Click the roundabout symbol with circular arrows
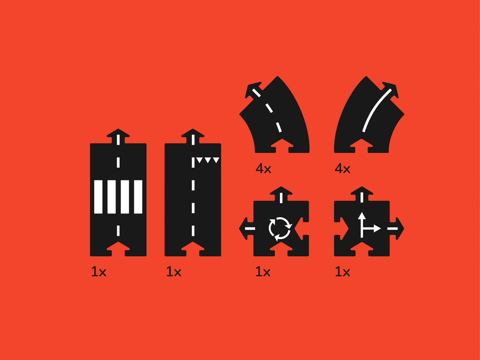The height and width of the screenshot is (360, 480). click(x=280, y=228)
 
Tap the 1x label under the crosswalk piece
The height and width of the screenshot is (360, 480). click(x=99, y=272)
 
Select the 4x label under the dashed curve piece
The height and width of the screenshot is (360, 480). click(x=263, y=169)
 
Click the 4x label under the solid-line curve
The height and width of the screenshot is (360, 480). click(x=342, y=169)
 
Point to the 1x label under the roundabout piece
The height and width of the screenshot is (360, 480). click(x=263, y=272)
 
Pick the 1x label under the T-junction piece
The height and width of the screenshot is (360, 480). click(x=342, y=272)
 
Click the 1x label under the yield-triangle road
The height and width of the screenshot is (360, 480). click(x=174, y=272)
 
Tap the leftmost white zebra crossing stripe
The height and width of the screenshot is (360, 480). click(x=98, y=197)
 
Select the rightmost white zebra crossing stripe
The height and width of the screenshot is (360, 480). click(x=138, y=197)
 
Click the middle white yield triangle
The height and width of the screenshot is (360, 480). click(x=208, y=160)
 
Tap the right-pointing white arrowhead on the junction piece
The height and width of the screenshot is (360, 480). click(x=377, y=228)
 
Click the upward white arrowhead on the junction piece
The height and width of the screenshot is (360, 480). click(x=362, y=216)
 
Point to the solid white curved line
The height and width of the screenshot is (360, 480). click(x=375, y=110)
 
